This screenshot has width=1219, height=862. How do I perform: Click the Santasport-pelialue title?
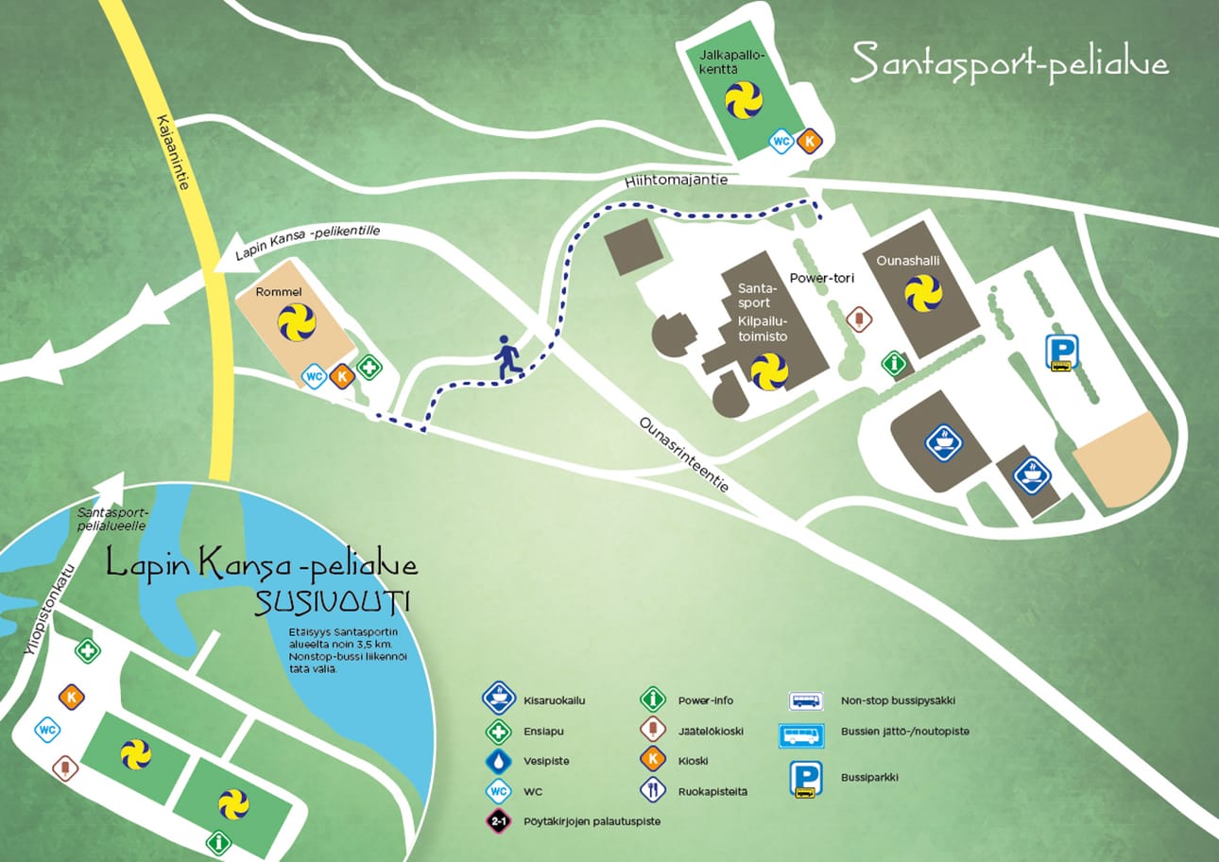[x=1009, y=63]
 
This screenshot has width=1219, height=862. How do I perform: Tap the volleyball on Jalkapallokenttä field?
[x=744, y=99]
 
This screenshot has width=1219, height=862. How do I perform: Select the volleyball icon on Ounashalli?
[x=923, y=293]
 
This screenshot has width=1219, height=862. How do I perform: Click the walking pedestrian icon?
[x=506, y=358]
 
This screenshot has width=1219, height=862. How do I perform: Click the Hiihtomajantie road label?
[x=676, y=180]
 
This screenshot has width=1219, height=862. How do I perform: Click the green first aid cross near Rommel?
[x=369, y=368]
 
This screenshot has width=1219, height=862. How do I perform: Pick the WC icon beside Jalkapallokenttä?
[x=781, y=142]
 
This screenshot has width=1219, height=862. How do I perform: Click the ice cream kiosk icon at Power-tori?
[x=858, y=319]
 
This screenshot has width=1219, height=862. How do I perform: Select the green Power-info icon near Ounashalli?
[x=892, y=362]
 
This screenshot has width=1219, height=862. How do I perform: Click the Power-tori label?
[x=817, y=279]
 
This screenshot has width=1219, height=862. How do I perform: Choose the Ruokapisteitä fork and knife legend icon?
[x=653, y=790]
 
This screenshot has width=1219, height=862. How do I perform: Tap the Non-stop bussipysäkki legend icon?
[x=805, y=700]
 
